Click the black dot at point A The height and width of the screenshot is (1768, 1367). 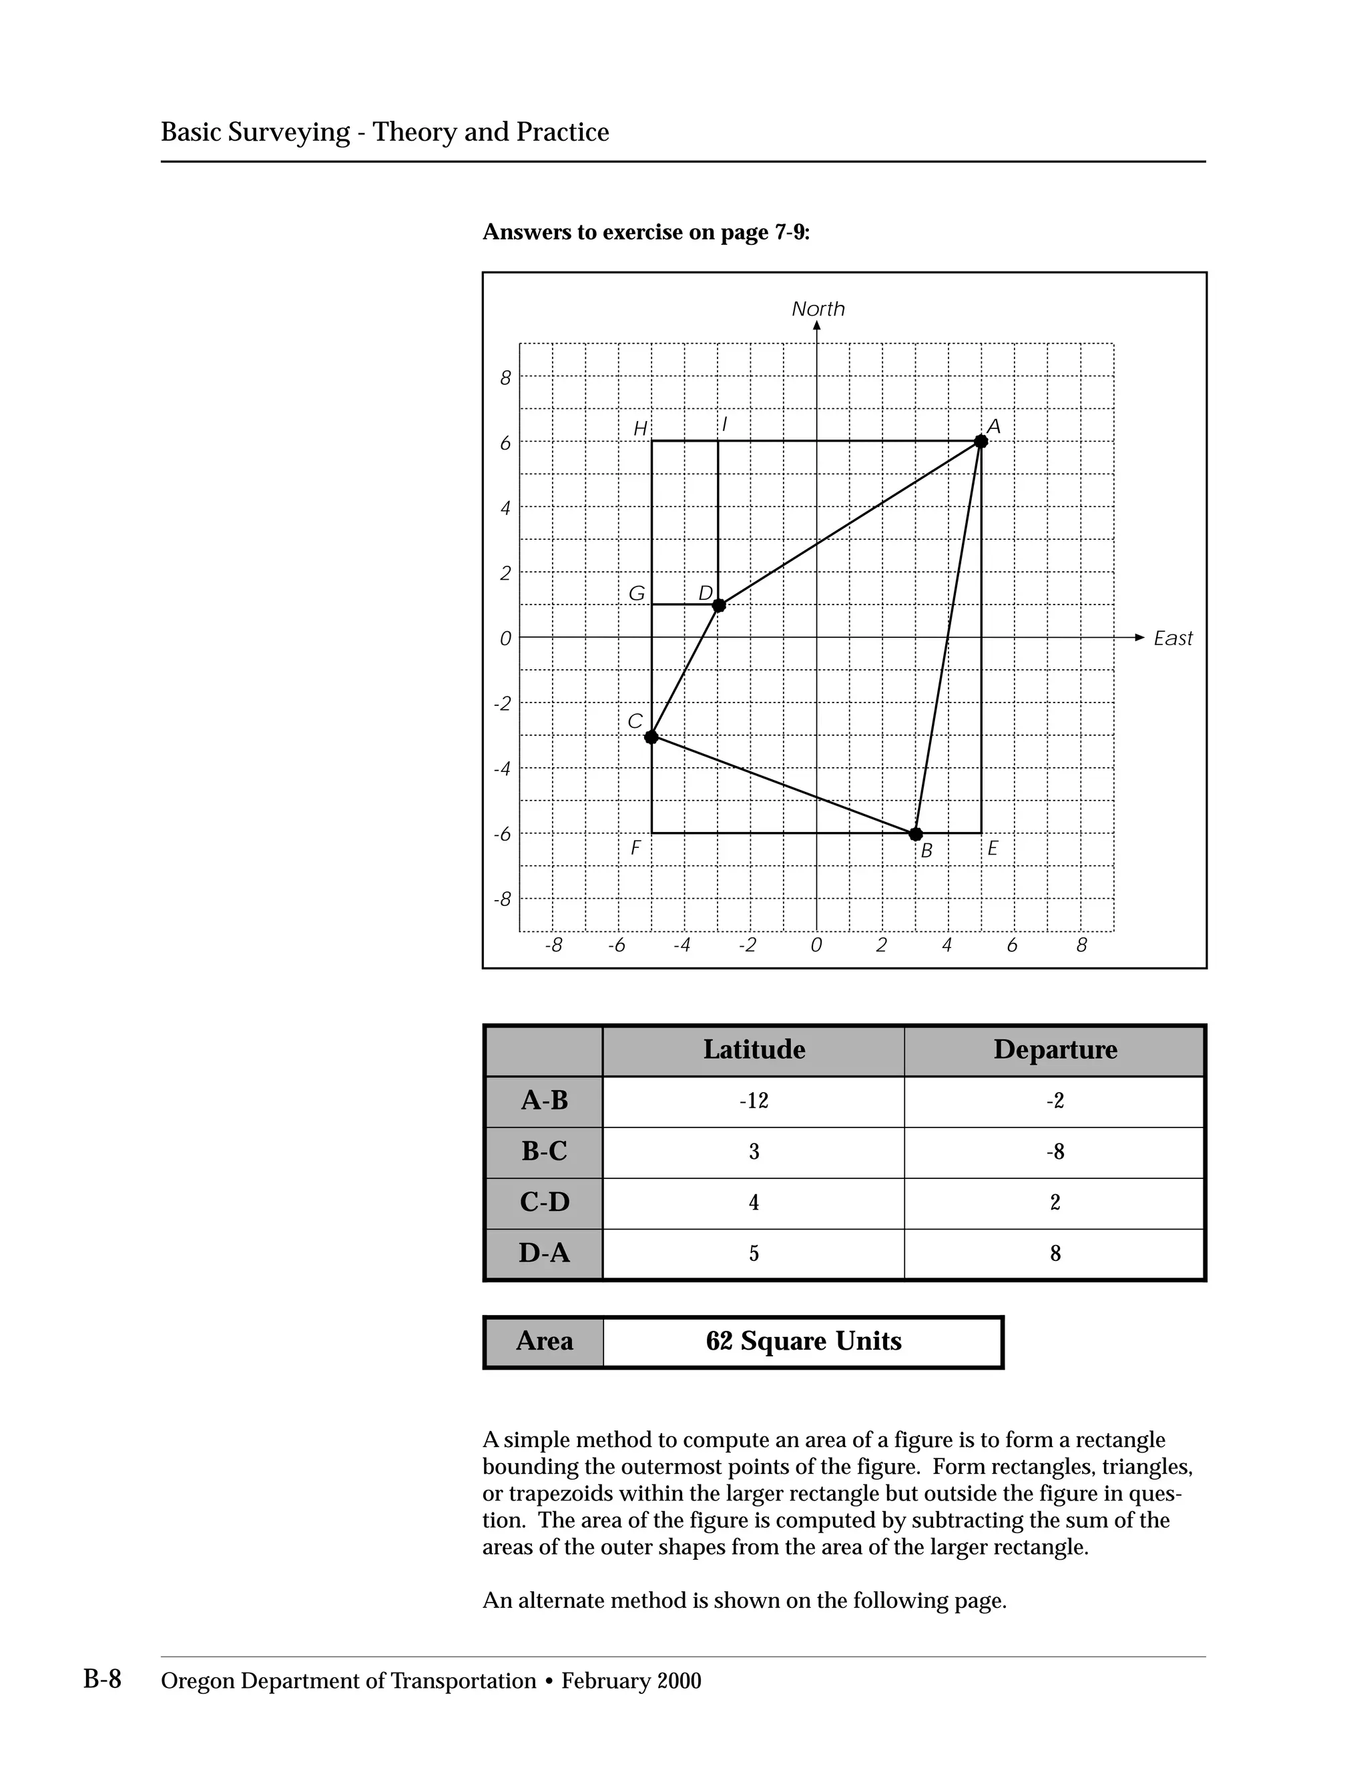pos(981,441)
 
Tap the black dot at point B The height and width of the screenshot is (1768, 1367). pos(916,834)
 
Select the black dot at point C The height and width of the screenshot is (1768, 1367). pos(651,737)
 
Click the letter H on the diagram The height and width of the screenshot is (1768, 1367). pos(639,429)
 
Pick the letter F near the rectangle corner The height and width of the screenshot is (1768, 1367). pos(635,849)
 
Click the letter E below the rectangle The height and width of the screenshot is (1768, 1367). pos(993,849)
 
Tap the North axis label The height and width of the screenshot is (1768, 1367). pos(818,310)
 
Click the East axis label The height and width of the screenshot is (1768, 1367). pos(1173,638)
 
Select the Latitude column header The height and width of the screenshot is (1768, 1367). pos(754,1050)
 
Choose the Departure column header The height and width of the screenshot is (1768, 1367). pos(1055,1050)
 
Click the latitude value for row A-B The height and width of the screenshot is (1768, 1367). pos(754,1101)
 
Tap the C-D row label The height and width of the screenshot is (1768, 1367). pos(544,1202)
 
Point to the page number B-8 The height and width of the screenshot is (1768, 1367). pos(102,1680)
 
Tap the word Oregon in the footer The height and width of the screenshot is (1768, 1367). pos(198,1681)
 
